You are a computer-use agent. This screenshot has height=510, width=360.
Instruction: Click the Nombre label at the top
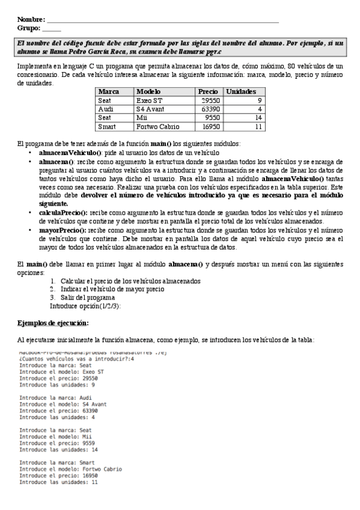pyautogui.click(x=31, y=20)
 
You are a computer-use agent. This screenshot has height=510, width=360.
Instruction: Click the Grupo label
pyautogui.click(x=29, y=28)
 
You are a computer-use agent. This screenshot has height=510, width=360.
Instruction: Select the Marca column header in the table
pyautogui.click(x=108, y=91)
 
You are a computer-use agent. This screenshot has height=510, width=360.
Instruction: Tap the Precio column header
pyautogui.click(x=207, y=91)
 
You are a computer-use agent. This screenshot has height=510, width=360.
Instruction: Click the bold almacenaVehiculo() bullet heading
pyautogui.click(x=70, y=153)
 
